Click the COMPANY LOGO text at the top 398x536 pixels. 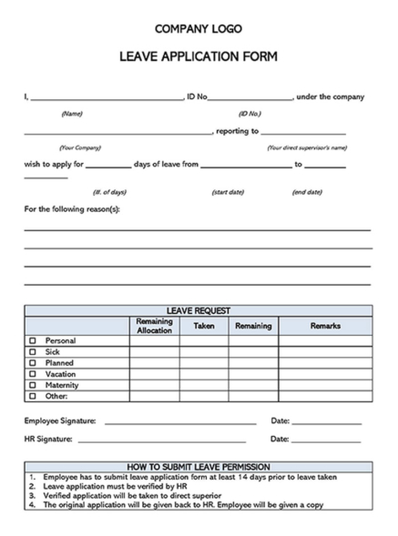(x=199, y=29)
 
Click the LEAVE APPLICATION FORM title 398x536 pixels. (x=199, y=56)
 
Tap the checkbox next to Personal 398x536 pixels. (x=33, y=341)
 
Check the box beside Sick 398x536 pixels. (x=33, y=352)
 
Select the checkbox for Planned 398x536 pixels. (x=33, y=363)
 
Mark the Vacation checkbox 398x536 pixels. (x=33, y=374)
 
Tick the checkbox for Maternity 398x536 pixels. (x=33, y=385)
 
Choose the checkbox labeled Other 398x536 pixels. (x=33, y=396)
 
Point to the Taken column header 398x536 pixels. (x=204, y=325)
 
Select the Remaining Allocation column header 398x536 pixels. (x=154, y=325)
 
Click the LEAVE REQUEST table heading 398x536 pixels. (x=199, y=310)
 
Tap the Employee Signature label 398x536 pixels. (x=60, y=420)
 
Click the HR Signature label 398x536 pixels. (x=47, y=439)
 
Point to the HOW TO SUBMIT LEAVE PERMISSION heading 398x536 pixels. (x=199, y=466)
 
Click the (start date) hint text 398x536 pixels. (x=228, y=192)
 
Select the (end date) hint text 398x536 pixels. (x=307, y=192)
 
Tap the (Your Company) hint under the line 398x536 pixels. (x=80, y=147)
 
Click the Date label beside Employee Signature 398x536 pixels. (x=280, y=420)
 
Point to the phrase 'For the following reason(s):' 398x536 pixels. (x=72, y=209)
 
